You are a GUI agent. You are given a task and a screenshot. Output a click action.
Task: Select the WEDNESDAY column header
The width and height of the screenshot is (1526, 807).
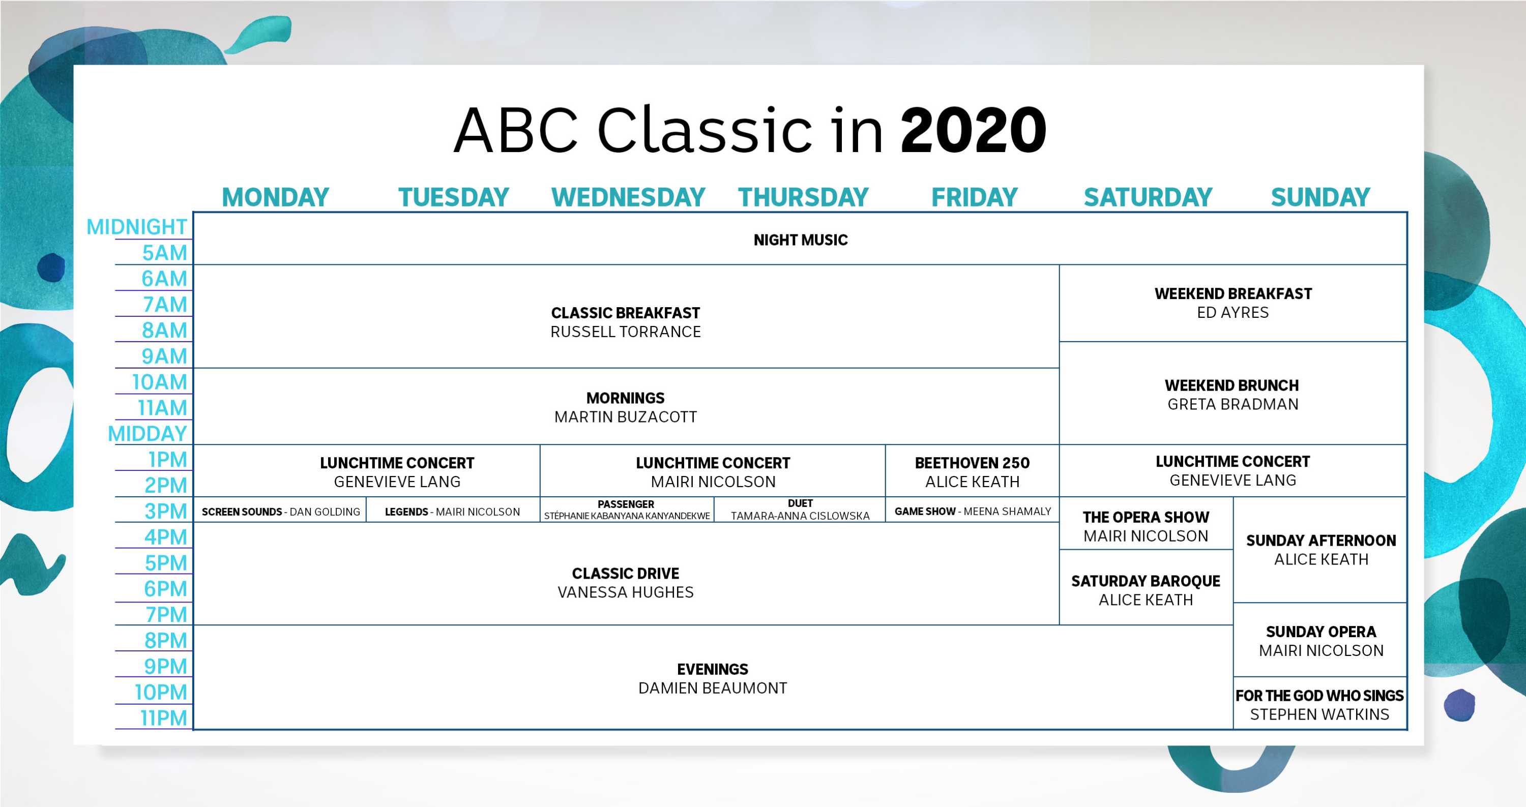628,197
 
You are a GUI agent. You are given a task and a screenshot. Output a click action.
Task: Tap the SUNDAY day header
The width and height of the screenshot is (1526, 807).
1320,197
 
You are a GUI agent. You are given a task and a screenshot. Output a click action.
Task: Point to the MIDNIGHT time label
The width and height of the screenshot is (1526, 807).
137,227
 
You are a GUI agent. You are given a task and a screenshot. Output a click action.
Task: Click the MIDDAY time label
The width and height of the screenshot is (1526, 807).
148,434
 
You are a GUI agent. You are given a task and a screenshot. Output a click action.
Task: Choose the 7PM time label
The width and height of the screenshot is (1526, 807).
166,615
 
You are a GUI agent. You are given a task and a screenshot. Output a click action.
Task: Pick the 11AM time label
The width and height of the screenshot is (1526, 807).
162,408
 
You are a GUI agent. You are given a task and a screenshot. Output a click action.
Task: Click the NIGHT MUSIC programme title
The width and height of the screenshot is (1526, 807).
800,240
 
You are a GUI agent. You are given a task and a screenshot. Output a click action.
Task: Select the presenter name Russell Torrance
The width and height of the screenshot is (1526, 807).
626,332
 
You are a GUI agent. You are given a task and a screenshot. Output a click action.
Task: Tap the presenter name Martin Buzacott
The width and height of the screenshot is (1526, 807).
626,417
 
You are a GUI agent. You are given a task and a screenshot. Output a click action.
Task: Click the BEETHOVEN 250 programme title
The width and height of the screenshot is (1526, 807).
972,463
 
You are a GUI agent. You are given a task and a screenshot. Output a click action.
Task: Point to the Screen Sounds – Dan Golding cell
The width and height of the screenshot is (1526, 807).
281,512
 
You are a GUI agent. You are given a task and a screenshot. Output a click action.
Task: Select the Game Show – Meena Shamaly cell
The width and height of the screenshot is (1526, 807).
973,511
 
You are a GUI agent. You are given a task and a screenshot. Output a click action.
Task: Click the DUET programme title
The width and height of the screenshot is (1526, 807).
800,503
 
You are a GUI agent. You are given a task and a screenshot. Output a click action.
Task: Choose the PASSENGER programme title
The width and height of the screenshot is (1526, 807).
626,504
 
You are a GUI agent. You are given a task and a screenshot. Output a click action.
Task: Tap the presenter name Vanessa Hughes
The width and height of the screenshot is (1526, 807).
626,592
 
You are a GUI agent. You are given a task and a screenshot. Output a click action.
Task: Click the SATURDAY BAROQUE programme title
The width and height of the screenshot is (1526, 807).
1146,581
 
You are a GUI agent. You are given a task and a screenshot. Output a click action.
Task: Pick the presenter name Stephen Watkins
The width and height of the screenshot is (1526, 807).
1320,714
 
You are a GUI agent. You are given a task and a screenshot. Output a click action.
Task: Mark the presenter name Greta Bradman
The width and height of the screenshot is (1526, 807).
1233,404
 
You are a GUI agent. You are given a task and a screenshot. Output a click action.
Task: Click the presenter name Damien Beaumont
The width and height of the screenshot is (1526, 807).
713,688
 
